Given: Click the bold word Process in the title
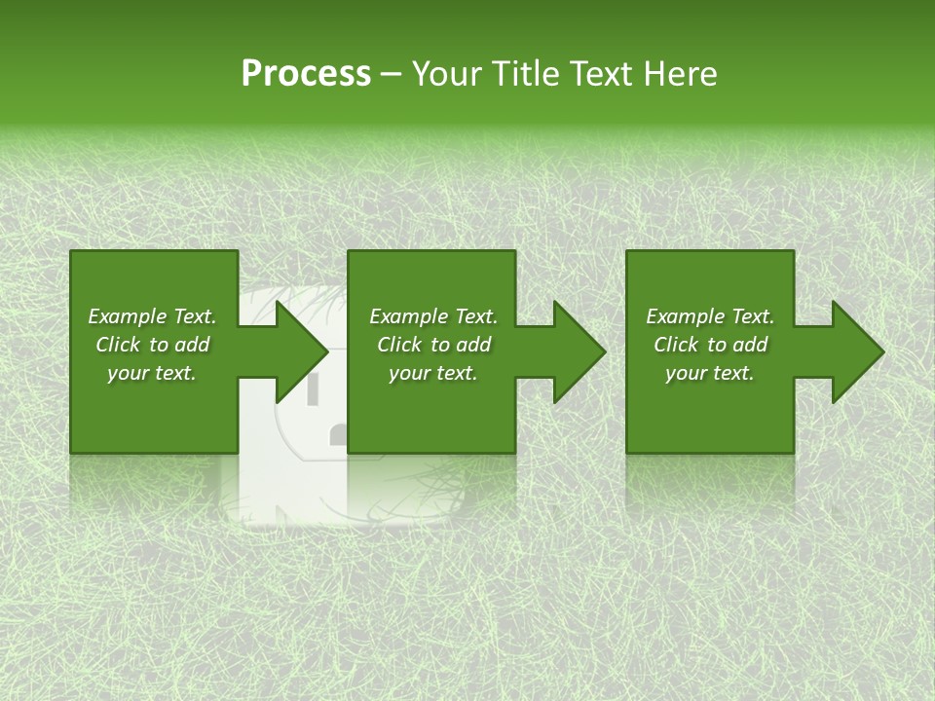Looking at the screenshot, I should tap(306, 74).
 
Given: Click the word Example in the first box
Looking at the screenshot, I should tap(127, 316).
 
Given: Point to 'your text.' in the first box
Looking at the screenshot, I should tap(152, 373).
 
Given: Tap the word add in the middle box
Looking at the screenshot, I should tap(473, 345).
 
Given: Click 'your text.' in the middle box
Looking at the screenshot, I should tap(433, 373).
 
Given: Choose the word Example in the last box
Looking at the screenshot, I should tap(685, 316).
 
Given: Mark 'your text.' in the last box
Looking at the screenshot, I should tap(710, 373).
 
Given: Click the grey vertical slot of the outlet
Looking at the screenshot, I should tap(314, 388).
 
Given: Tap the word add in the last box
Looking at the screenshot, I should tap(750, 345).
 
